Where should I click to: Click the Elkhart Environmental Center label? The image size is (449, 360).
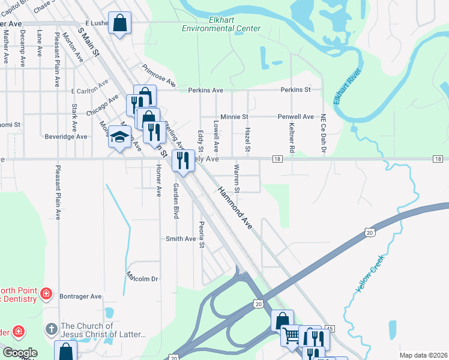tap(221, 24)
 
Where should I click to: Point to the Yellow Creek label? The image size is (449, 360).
tap(369, 274)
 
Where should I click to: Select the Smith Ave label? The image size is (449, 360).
tap(181, 239)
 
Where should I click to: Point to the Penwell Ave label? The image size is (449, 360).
tap(295, 116)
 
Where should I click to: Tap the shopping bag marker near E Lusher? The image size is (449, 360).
tap(120, 23)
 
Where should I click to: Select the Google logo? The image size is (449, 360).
tap(20, 353)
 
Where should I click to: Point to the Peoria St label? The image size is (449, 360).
tap(202, 236)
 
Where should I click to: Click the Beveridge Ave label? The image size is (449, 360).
tap(66, 137)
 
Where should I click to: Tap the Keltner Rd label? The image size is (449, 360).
tap(292, 137)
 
